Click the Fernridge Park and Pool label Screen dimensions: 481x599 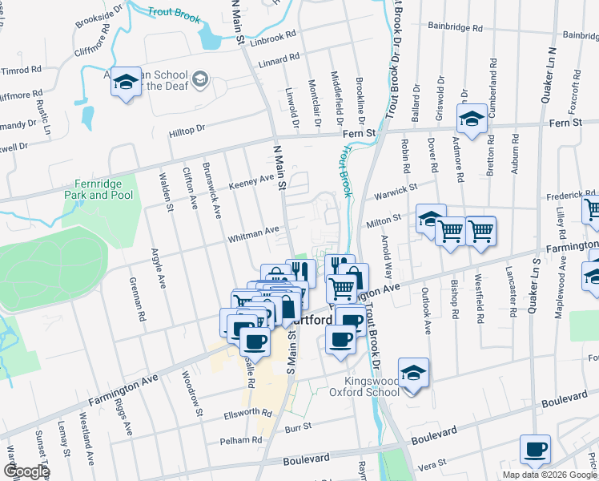pyautogui.click(x=98, y=188)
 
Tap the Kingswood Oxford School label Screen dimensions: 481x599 pyautogui.click(x=364, y=386)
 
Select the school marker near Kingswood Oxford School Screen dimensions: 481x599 pyautogui.click(x=413, y=374)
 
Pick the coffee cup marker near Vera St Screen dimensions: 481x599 pyautogui.click(x=535, y=451)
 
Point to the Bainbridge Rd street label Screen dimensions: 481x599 pyautogui.click(x=456, y=27)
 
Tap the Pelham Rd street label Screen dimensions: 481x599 pyautogui.click(x=246, y=440)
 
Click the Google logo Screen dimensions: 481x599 pyautogui.click(x=26, y=471)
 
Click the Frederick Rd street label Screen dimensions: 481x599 pyautogui.click(x=568, y=196)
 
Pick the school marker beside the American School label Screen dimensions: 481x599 pyautogui.click(x=126, y=83)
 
